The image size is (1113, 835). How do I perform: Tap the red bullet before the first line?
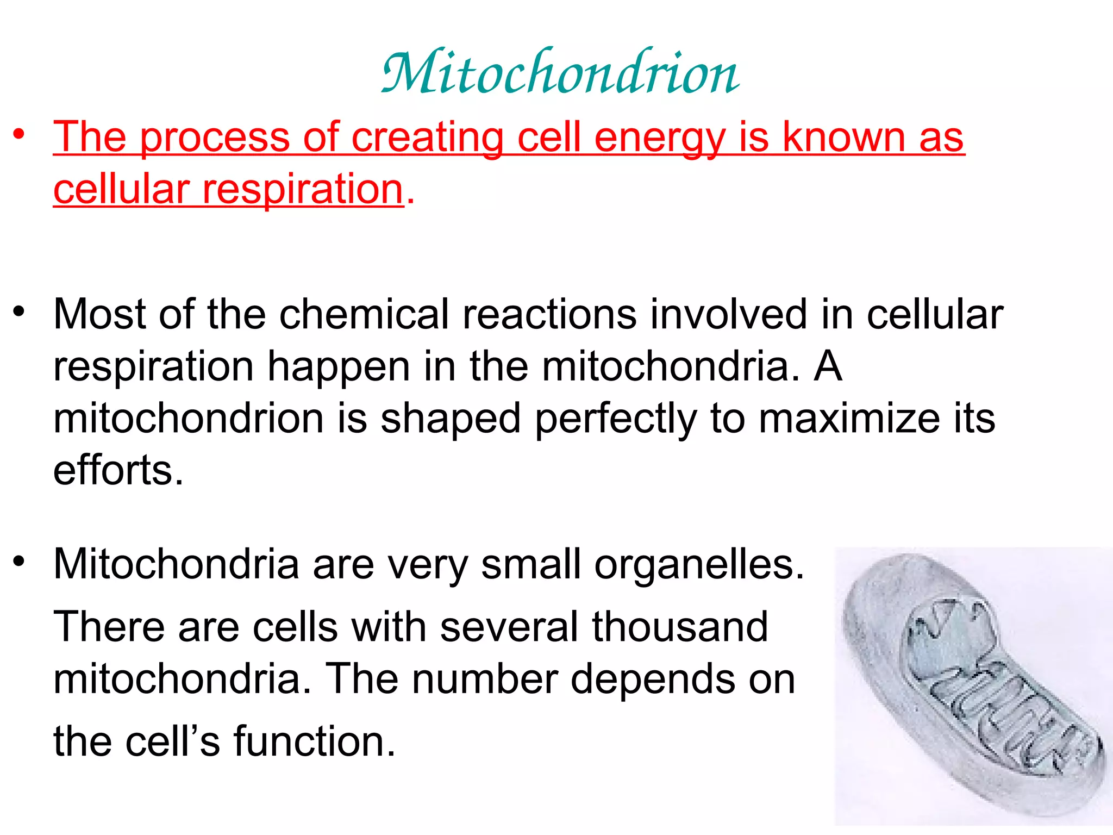20,134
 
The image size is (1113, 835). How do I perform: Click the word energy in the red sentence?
660,138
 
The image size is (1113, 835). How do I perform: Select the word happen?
339,367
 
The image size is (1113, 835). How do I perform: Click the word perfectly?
616,419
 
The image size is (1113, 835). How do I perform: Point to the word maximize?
849,419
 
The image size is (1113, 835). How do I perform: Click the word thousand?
680,627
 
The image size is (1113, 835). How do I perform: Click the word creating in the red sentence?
428,138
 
